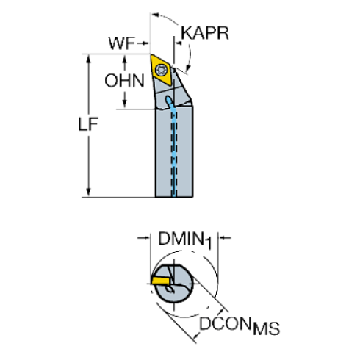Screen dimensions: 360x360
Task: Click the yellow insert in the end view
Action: [x=161, y=281]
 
